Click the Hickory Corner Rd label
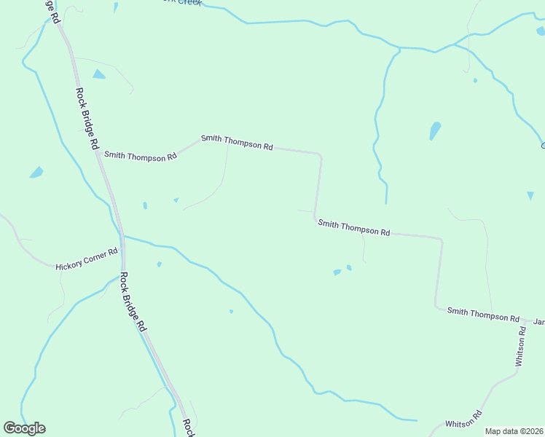(x=87, y=260)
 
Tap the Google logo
(x=24, y=428)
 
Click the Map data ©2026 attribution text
(x=514, y=431)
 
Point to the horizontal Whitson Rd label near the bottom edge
(x=463, y=420)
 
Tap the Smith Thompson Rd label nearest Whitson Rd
(x=483, y=315)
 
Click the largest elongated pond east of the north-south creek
(x=435, y=131)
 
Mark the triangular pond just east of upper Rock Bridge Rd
(x=98, y=74)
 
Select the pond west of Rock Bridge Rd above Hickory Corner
(x=36, y=173)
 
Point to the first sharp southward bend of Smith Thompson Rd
(x=320, y=154)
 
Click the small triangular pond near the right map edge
(x=530, y=195)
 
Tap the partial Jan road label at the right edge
(x=539, y=321)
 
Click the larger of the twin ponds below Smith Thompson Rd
(x=337, y=272)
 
